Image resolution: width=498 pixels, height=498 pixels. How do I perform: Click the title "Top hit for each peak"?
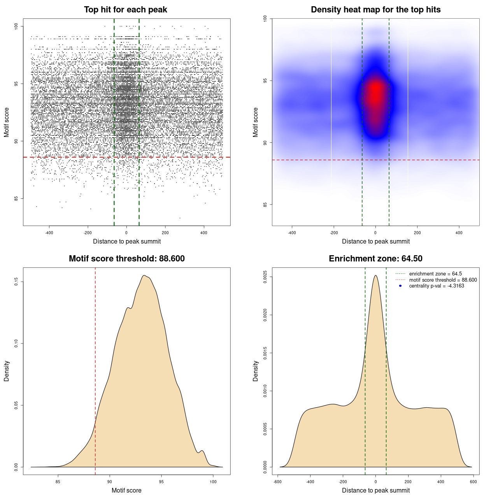coord(126,10)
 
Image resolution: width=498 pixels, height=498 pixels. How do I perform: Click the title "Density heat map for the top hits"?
coord(375,10)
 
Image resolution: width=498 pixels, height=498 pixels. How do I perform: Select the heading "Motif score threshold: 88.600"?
coord(126,259)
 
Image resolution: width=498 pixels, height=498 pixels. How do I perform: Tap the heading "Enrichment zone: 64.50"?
coord(375,259)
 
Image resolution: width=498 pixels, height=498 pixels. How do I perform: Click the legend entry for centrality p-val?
coord(437,286)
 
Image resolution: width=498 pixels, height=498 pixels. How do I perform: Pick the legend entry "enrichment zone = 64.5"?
coord(435,274)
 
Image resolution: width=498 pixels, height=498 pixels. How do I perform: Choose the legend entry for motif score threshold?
coord(443,280)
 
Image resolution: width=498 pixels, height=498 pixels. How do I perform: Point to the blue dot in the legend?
coord(400,286)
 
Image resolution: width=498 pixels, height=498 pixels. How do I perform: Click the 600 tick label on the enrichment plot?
coord(473,482)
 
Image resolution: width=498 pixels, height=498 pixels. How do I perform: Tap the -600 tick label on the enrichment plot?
coord(277,482)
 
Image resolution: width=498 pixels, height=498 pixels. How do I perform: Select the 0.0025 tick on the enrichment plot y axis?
coord(265,277)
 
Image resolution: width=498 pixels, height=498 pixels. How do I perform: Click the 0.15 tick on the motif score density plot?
coord(16,282)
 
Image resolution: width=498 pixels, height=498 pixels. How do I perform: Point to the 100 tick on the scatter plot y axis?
coord(16,26)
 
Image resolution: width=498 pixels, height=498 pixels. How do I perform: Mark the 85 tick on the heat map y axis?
coord(265,205)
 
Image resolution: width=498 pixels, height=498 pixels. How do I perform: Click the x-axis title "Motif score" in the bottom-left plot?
coord(126,491)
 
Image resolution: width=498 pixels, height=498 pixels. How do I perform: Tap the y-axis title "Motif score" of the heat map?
coord(256,122)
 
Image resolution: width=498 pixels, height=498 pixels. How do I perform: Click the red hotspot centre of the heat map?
coord(375,91)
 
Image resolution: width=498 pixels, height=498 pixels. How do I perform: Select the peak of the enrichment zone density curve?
coord(375,276)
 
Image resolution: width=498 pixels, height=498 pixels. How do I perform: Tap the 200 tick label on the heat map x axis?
coord(417,233)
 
